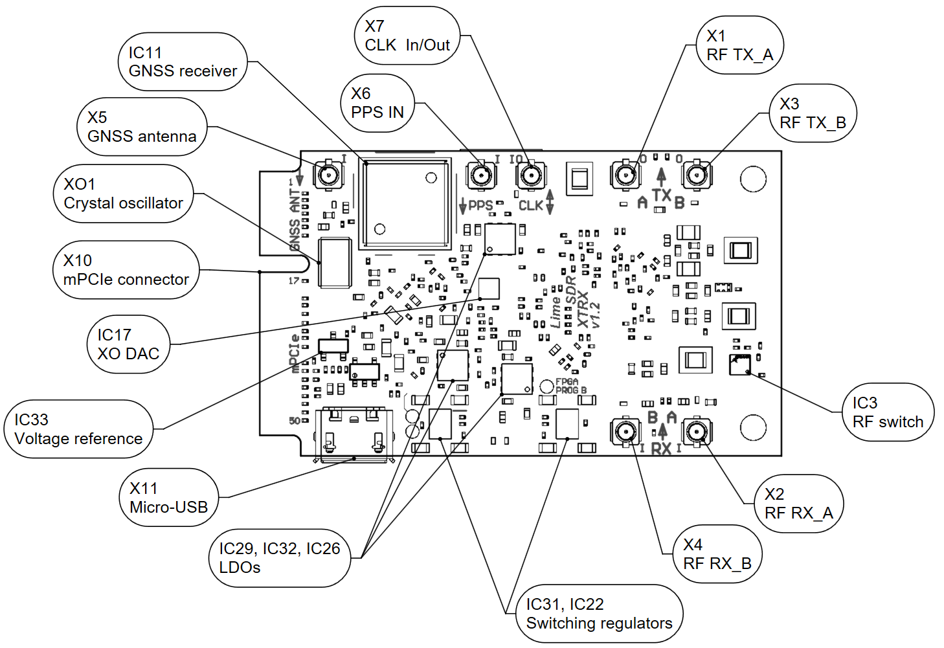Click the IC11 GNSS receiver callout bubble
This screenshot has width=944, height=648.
pyautogui.click(x=183, y=62)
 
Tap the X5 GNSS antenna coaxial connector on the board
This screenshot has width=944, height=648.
pyautogui.click(x=328, y=174)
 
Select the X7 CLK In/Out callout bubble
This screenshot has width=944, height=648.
pyautogui.click(x=407, y=36)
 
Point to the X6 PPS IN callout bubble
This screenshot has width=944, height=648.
pyautogui.click(x=377, y=104)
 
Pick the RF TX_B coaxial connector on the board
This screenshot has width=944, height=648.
pyautogui.click(x=697, y=174)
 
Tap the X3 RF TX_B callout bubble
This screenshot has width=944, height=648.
pyautogui.click(x=813, y=113)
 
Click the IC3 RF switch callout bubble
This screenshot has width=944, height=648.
pyautogui.click(x=888, y=412)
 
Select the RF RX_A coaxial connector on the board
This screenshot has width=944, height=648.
pyautogui.click(x=696, y=432)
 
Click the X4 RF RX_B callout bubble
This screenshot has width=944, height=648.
pyautogui.click(x=717, y=554)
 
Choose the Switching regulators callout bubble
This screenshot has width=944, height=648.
pyautogui.click(x=599, y=614)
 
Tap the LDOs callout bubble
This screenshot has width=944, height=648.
pyautogui.click(x=279, y=558)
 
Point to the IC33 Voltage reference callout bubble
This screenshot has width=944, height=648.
pyautogui.click(x=78, y=429)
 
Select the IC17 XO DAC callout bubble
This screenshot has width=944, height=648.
pyautogui.click(x=128, y=344)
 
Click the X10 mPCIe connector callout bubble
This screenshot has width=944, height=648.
pyautogui.click(x=126, y=270)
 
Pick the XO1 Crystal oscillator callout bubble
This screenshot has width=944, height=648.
pyautogui.click(x=123, y=194)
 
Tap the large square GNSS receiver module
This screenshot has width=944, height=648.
pyautogui.click(x=405, y=203)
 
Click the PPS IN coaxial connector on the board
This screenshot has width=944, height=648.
pyautogui.click(x=482, y=175)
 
